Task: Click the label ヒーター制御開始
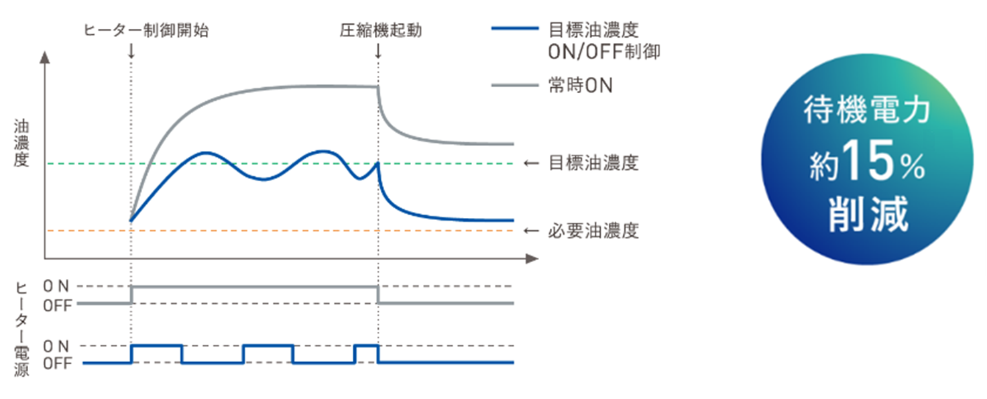click(146, 30)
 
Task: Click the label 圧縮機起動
click(380, 30)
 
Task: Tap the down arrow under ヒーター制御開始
click(131, 50)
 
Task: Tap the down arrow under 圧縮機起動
click(379, 50)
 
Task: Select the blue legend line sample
click(514, 30)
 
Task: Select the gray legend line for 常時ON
click(514, 86)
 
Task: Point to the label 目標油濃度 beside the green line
click(593, 163)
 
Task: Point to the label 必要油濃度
click(593, 231)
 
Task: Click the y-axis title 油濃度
click(21, 142)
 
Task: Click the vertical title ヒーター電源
click(21, 329)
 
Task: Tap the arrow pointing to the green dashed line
click(532, 163)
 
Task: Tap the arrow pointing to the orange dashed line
click(532, 231)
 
